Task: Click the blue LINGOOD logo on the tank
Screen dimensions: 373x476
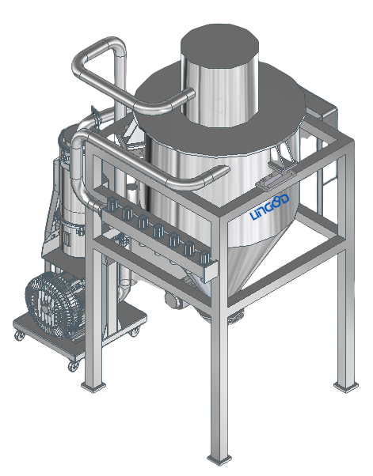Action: [269, 207]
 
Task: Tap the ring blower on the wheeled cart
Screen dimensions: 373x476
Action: [55, 304]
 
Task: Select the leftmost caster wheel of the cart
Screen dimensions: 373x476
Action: [20, 335]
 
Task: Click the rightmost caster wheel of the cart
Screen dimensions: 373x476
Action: [135, 331]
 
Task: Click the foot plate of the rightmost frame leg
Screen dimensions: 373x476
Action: [346, 387]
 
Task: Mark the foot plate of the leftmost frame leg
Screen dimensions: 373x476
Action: [93, 387]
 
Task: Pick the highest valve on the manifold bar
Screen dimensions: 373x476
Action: [112, 204]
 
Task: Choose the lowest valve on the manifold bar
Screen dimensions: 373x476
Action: [204, 257]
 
